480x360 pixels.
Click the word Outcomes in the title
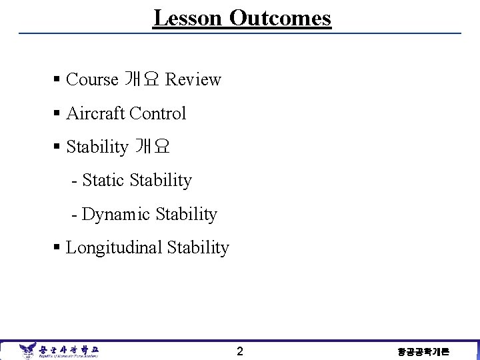280,18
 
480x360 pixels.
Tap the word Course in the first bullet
92,79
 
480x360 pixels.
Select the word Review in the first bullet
193,79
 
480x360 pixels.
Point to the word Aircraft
95,113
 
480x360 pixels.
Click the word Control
158,113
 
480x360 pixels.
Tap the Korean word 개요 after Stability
153,147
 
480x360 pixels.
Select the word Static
104,180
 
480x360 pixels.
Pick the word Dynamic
116,214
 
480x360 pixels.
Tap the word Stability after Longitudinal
198,248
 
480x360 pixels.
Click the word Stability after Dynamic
186,214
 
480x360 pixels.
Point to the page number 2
240,351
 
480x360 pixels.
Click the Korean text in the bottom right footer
423,352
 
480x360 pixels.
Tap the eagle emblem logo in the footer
28,350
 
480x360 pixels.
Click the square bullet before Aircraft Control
57,114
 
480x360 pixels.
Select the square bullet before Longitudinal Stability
57,248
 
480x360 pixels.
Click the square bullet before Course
57,80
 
